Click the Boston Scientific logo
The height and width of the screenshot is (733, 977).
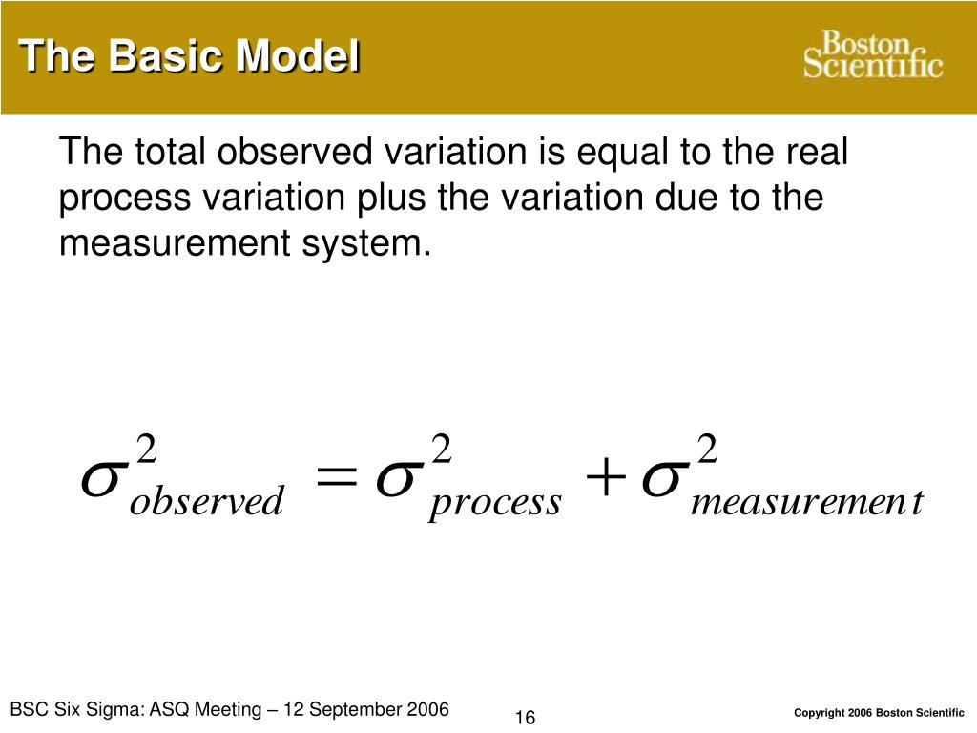pyautogui.click(x=872, y=54)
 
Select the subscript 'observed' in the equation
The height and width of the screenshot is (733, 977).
pyautogui.click(x=206, y=502)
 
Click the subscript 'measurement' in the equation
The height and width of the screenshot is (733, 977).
pyautogui.click(x=806, y=502)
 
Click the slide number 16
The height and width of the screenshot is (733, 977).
pyautogui.click(x=525, y=718)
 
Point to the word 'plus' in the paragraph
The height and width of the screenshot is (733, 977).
pyautogui.click(x=393, y=199)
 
